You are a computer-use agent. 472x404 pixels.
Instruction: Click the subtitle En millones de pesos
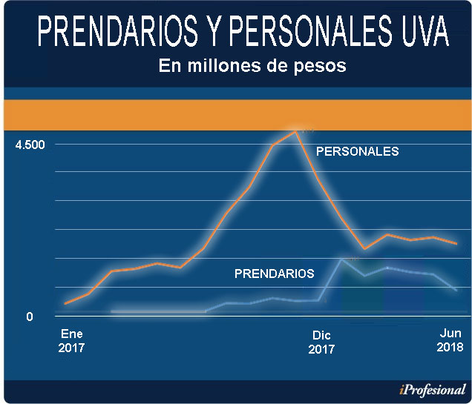coord(252,66)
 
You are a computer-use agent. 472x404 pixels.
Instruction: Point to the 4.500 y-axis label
coord(30,144)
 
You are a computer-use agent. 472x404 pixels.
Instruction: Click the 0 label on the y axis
coord(29,317)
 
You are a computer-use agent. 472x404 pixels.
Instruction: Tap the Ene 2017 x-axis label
coord(72,340)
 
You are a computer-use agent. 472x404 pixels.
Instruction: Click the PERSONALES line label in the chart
coord(358,151)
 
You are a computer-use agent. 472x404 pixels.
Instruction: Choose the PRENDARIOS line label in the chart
coord(274,274)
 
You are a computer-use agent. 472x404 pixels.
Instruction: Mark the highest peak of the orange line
coord(296,131)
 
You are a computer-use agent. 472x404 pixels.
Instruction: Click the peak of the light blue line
coord(341,259)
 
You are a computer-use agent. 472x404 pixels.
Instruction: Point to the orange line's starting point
coord(65,304)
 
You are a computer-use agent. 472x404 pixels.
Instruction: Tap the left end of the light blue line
coord(111,312)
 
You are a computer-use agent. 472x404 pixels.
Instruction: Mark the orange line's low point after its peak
coord(364,248)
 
